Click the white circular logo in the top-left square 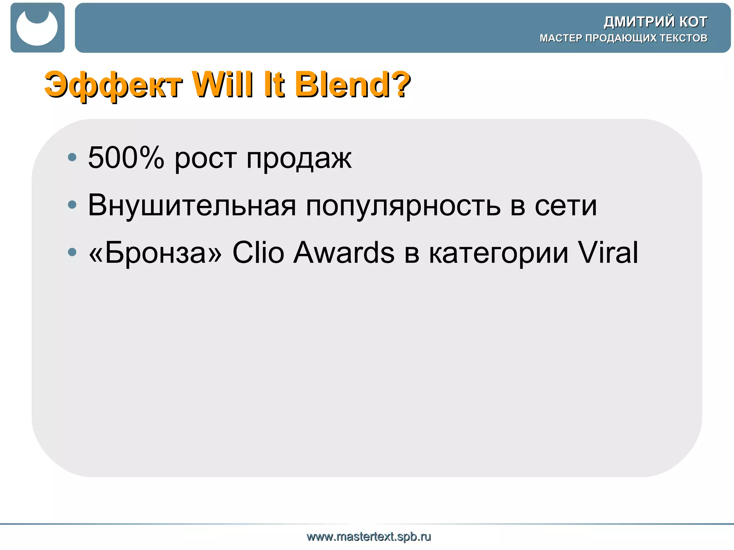click(x=37, y=28)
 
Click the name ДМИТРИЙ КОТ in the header click(x=655, y=22)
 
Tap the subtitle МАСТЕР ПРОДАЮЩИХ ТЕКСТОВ click(x=623, y=38)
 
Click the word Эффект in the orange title click(x=113, y=85)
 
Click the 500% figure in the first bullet click(x=126, y=158)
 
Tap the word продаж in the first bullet click(x=299, y=158)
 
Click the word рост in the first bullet click(x=205, y=158)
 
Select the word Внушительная click(x=192, y=205)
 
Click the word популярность click(x=403, y=206)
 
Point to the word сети click(x=566, y=206)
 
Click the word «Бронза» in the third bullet click(x=155, y=252)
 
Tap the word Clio click(x=258, y=252)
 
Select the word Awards click(x=344, y=252)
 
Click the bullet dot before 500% click(x=72, y=157)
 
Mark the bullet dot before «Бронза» click(x=72, y=252)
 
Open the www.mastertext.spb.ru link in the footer click(x=369, y=537)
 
